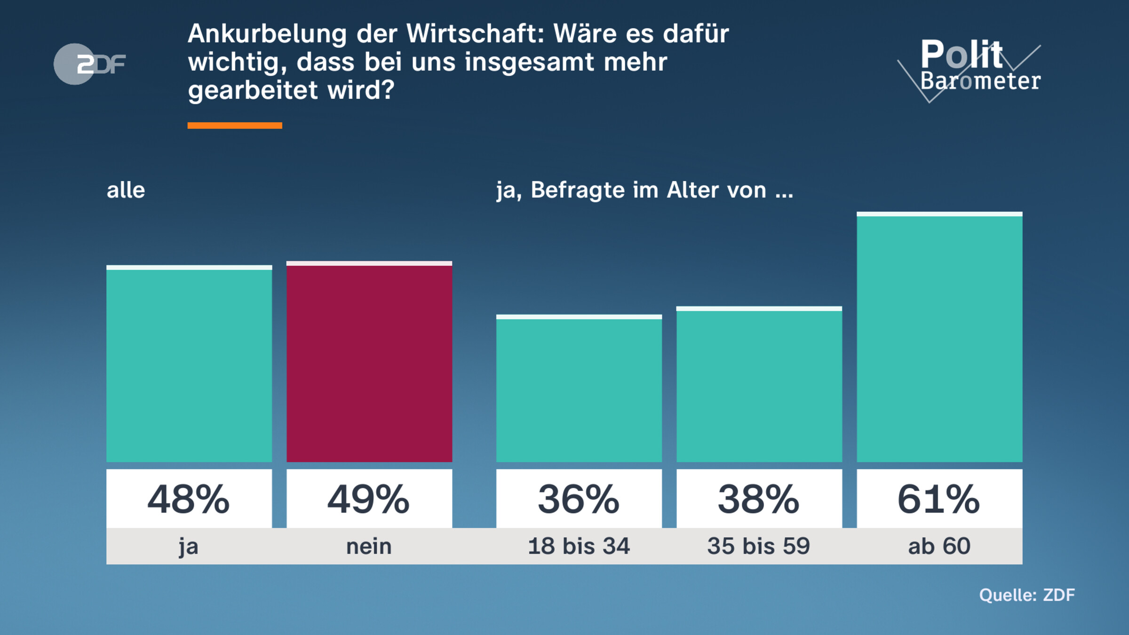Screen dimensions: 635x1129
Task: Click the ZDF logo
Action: point(89,64)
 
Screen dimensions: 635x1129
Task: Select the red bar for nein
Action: point(369,362)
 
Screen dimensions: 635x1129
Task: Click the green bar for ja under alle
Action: point(189,365)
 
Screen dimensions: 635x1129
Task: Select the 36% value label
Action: point(579,499)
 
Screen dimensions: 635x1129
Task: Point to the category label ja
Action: point(189,547)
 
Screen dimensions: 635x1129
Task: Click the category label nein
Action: point(369,547)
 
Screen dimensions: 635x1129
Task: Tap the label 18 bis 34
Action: point(579,547)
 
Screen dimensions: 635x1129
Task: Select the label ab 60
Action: point(939,547)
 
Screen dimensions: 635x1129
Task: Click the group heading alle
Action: point(126,190)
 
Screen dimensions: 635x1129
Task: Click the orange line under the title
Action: point(235,125)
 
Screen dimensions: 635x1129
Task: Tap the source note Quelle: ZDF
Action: point(1027,595)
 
